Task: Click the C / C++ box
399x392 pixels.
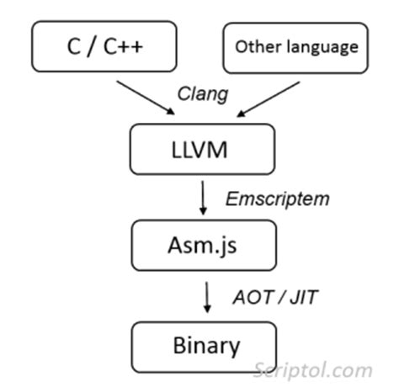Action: (104, 47)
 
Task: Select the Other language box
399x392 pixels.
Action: (295, 47)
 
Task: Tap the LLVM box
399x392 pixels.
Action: (201, 150)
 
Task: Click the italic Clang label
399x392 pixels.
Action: (200, 94)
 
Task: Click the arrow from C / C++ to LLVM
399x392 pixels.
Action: (144, 98)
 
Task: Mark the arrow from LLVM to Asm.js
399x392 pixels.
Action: (203, 199)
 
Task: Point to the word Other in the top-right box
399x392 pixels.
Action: (253, 47)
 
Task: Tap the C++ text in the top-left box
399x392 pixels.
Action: (126, 47)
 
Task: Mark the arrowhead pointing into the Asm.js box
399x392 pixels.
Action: (203, 211)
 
